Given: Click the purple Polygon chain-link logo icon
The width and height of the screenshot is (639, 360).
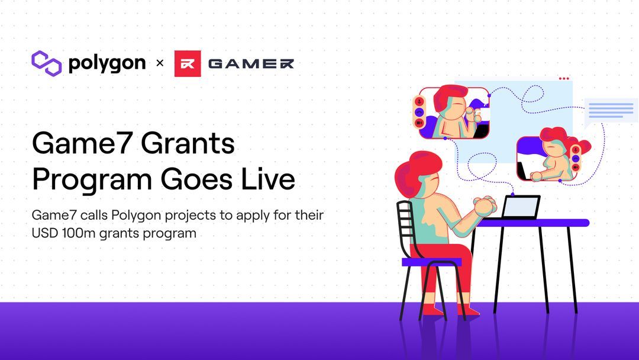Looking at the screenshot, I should [47, 63].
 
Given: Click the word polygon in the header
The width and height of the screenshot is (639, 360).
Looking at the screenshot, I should [107, 63].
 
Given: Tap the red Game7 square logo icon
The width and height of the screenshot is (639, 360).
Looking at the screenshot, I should [188, 63].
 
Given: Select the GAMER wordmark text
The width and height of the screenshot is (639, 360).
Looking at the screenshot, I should [251, 63].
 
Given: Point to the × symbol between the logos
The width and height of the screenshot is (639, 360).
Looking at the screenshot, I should [159, 63].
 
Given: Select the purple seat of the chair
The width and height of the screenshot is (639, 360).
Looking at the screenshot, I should [431, 261].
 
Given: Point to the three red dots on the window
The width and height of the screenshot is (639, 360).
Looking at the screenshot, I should [563, 78].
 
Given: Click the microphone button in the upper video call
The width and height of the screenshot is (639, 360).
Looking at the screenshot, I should [419, 101].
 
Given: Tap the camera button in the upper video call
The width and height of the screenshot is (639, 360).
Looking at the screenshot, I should [419, 123].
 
